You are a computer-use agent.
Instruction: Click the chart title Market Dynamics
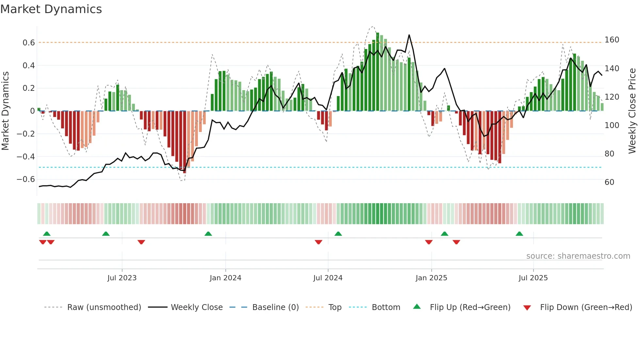[51, 9]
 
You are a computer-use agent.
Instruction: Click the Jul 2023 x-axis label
[122, 278]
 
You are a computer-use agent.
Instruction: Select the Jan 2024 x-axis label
[225, 278]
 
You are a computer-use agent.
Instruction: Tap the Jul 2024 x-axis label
[328, 278]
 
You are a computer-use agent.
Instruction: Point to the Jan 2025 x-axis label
[431, 278]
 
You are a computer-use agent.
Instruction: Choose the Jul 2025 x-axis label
[533, 278]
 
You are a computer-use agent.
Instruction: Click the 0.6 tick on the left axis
[29, 43]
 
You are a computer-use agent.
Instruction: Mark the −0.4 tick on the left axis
[26, 157]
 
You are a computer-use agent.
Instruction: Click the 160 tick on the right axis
[612, 40]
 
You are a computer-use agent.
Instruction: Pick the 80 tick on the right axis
[609, 154]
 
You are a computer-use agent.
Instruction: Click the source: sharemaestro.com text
[578, 256]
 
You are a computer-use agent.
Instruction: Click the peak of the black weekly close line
[409, 35]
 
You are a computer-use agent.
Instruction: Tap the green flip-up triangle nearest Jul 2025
[519, 234]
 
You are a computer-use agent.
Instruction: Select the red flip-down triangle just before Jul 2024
[318, 242]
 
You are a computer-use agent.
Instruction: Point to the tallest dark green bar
[377, 72]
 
